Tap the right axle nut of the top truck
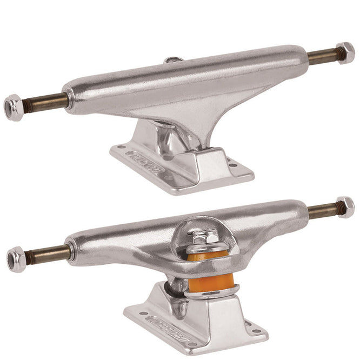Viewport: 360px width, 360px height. pyautogui.click(x=345, y=52)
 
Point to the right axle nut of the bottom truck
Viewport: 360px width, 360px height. pyautogui.click(x=345, y=207)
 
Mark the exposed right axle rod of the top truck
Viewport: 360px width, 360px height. pyautogui.click(x=322, y=56)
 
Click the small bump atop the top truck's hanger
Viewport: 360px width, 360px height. pyautogui.click(x=172, y=61)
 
